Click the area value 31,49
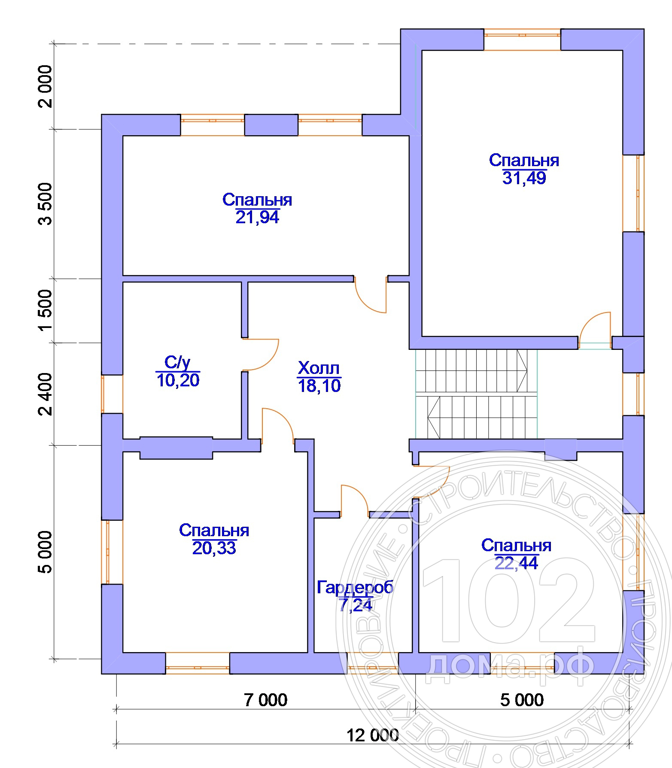click(x=524, y=178)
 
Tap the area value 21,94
click(x=257, y=217)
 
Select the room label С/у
click(x=177, y=363)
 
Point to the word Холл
click(x=319, y=368)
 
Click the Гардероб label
click(x=355, y=587)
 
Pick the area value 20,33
click(x=214, y=548)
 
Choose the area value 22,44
click(x=517, y=563)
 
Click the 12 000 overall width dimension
click(x=373, y=736)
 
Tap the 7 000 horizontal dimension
click(x=266, y=700)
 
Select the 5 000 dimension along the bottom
click(x=522, y=700)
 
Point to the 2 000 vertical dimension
click(x=45, y=86)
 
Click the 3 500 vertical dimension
click(x=45, y=203)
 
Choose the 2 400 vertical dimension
click(x=45, y=394)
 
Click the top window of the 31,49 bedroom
click(x=522, y=39)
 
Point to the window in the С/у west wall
click(x=112, y=394)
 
